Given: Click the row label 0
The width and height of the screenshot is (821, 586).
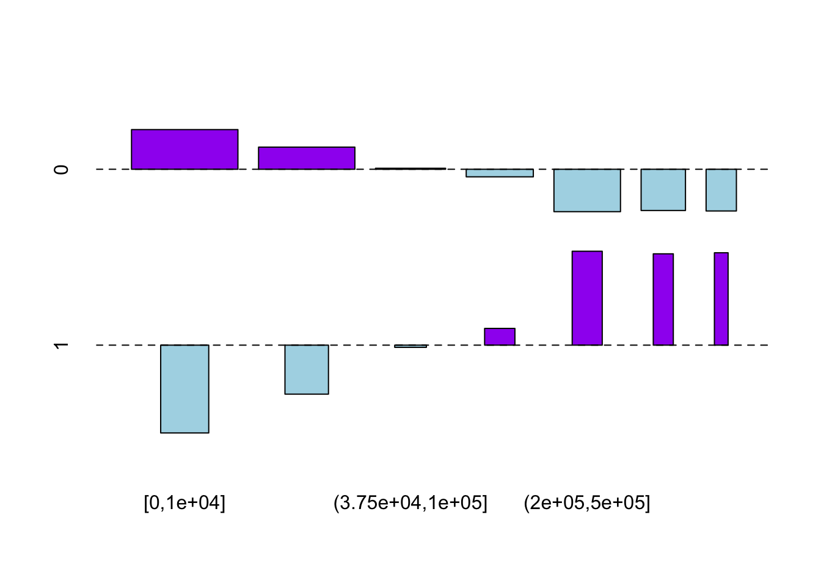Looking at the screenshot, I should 61,169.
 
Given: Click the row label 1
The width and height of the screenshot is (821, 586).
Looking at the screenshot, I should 61,345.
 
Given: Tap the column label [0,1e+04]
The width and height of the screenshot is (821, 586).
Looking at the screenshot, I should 184,504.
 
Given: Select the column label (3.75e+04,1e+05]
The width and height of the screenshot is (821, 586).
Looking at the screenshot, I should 410,504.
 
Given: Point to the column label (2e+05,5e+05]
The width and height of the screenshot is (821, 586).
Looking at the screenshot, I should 587,504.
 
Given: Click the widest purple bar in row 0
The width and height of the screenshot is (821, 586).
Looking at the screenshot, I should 184,150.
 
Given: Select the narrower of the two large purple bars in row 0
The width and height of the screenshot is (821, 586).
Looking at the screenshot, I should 307,158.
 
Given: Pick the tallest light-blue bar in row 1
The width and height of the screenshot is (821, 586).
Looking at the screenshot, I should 184,389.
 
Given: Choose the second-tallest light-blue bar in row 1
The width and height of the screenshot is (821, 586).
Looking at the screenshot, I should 307,369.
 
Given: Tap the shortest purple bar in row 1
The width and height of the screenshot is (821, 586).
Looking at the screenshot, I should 500,337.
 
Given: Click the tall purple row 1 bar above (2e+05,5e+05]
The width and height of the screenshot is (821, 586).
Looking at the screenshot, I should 587,298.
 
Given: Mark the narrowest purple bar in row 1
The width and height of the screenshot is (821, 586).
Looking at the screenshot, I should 721,298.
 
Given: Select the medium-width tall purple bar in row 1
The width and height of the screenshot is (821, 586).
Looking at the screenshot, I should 663,299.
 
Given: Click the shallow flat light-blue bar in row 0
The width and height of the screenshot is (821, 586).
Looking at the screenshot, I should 500,173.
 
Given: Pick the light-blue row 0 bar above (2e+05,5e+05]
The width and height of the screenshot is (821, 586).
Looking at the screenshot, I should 587,190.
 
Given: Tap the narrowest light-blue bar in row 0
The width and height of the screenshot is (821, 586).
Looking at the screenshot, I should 721,190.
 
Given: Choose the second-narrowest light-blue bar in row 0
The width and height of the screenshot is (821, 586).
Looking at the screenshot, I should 663,190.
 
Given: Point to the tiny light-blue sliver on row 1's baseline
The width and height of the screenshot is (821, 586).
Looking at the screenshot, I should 410,346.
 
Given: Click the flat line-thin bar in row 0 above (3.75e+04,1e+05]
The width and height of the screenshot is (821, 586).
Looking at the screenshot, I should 410,168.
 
